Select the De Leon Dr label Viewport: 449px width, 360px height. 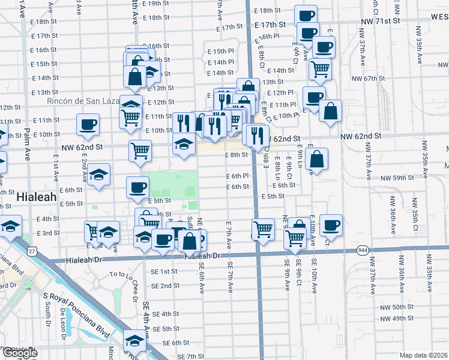tap(62, 323)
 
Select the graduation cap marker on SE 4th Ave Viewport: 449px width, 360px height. tap(134, 340)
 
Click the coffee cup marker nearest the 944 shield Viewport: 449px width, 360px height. tap(331, 225)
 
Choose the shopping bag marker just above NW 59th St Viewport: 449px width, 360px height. tap(317, 159)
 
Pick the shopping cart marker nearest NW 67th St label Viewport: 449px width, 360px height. tap(320, 68)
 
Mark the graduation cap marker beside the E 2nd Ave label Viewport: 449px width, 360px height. tap(100, 175)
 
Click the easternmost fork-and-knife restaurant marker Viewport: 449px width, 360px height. tap(257, 134)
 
